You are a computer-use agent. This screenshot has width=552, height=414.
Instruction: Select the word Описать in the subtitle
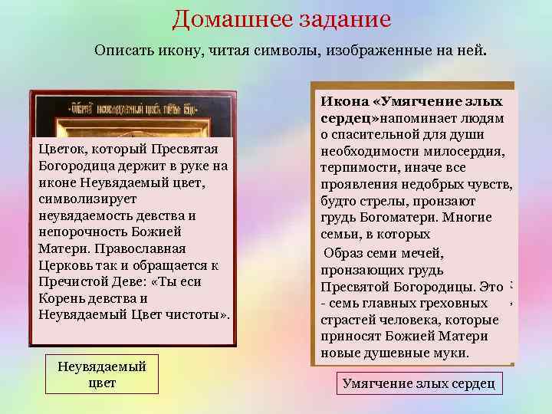tap(122, 51)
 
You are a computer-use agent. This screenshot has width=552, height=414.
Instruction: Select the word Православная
tap(147, 249)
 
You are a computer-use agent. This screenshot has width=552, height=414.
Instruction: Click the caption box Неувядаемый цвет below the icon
tap(102, 373)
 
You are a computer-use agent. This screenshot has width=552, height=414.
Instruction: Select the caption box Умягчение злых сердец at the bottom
tap(419, 383)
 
